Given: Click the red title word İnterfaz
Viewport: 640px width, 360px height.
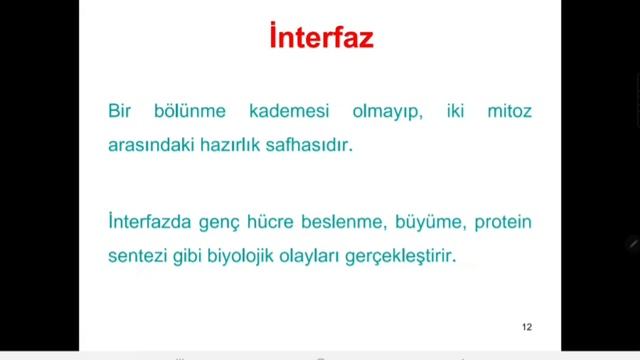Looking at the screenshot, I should (320, 40).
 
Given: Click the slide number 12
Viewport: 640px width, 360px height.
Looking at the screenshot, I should (527, 327).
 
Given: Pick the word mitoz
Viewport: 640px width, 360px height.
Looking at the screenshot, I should (510, 111).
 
